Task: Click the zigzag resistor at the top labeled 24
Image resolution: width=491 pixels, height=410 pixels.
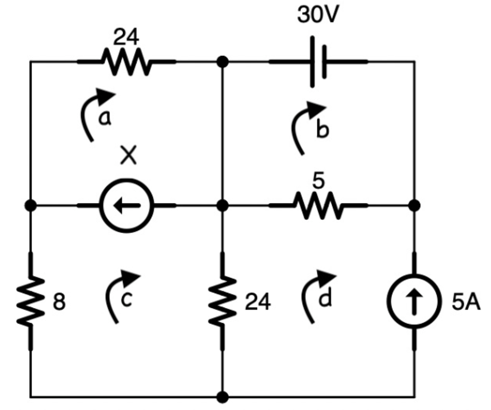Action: pos(126,62)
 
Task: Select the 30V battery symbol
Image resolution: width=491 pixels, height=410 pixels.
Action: pos(318,62)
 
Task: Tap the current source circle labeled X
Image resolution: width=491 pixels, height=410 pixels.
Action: pos(126,206)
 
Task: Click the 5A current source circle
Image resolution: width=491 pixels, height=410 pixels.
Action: pos(415,302)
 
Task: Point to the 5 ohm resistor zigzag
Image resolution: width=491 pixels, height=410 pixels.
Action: pos(318,206)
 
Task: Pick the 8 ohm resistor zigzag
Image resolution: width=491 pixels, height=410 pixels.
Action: pos(30,302)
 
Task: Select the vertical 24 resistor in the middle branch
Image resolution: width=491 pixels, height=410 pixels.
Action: pos(222,302)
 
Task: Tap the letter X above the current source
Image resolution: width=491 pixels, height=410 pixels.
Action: pos(128,155)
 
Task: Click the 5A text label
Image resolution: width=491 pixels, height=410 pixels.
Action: pos(466,303)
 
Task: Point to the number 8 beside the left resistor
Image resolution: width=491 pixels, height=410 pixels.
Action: pos(59,303)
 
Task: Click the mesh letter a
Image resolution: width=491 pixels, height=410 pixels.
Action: pos(105,118)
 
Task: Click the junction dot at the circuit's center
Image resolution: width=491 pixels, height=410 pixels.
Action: pos(222,206)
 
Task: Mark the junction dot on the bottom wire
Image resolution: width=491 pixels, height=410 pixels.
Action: pos(222,397)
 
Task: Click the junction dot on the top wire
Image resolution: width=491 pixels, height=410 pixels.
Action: pos(222,62)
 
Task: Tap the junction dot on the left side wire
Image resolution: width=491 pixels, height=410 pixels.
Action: pos(30,206)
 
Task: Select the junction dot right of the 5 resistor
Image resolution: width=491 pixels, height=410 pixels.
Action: pos(415,206)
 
